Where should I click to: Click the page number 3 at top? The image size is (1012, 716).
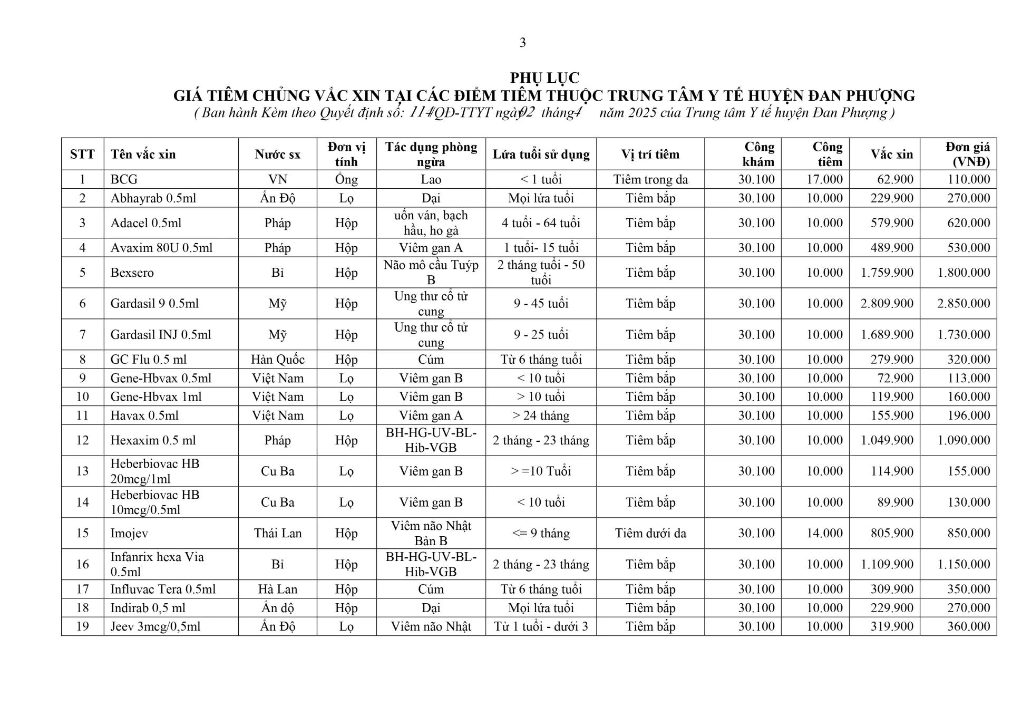(522, 43)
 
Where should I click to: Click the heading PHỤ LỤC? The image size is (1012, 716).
(544, 78)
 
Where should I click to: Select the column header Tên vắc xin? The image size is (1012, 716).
(143, 154)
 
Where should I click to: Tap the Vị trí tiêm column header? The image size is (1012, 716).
(650, 154)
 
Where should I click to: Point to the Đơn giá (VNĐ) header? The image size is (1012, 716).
(967, 154)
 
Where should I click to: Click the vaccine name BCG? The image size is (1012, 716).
(124, 179)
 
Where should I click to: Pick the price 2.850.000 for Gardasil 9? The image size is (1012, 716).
(963, 303)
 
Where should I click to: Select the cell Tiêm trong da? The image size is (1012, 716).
(650, 179)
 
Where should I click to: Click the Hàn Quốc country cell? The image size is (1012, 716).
(277, 360)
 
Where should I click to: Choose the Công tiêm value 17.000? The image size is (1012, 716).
(824, 179)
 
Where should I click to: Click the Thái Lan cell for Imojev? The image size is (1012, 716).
(277, 533)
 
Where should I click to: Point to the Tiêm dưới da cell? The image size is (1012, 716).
(650, 533)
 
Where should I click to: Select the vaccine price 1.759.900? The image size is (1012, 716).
(887, 273)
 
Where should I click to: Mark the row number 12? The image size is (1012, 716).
(82, 440)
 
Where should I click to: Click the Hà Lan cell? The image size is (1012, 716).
(277, 589)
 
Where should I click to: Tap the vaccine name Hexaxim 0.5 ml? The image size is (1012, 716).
(153, 440)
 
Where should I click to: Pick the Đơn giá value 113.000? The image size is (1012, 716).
(968, 378)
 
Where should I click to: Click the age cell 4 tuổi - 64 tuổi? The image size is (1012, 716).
(541, 223)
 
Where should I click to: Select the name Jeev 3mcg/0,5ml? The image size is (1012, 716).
(155, 626)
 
